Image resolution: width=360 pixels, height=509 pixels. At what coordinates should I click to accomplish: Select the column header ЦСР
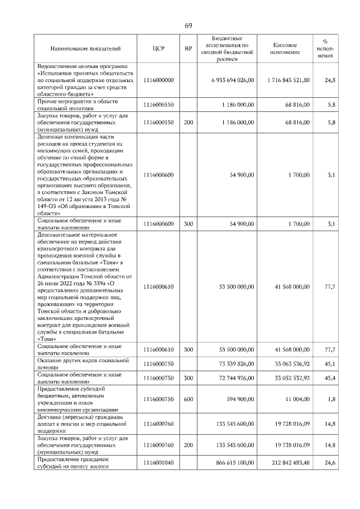[158, 49]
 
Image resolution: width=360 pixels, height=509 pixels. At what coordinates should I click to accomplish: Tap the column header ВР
[188, 49]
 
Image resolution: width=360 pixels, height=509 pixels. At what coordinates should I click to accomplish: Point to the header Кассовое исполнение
[285, 49]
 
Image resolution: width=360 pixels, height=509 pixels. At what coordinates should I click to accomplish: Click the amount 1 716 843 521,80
[289, 80]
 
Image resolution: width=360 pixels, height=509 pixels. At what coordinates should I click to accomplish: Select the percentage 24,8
[330, 80]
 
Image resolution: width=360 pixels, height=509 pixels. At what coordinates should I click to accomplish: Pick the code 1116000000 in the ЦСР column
[159, 80]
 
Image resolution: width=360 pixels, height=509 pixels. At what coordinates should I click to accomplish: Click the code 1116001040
[159, 462]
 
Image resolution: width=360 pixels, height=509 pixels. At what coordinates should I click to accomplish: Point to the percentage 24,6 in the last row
[330, 462]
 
